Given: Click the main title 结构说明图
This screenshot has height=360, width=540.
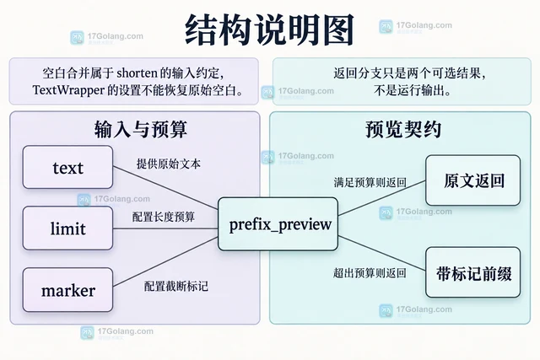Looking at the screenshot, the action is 269,30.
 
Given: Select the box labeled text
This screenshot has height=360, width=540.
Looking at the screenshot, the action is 67,167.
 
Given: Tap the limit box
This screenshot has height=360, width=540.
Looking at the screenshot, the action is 67,228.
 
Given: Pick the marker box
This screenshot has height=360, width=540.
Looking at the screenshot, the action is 67,290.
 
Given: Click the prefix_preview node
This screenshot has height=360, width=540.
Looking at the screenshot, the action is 278,224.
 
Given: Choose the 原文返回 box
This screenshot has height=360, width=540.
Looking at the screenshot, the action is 472,180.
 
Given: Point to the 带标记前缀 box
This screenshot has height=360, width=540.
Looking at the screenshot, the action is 472,272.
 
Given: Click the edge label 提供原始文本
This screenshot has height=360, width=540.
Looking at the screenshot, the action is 169,164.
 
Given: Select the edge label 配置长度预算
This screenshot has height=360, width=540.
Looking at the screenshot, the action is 164,217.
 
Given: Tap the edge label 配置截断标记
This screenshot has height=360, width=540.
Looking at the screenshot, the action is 176,286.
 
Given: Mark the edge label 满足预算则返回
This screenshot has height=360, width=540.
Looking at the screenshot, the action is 370,182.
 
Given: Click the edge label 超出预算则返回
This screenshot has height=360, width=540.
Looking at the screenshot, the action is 370,273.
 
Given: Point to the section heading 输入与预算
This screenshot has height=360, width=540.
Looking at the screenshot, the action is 141,129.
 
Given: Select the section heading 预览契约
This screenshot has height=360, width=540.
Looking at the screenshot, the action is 403,129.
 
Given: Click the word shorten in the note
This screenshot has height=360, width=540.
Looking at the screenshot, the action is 137,73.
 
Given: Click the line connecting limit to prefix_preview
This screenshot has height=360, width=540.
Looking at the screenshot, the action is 165,228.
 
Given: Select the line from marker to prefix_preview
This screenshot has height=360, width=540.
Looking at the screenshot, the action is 165,262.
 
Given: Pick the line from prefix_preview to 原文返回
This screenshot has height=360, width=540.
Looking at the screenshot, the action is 382,198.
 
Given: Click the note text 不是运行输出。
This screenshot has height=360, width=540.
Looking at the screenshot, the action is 413,90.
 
